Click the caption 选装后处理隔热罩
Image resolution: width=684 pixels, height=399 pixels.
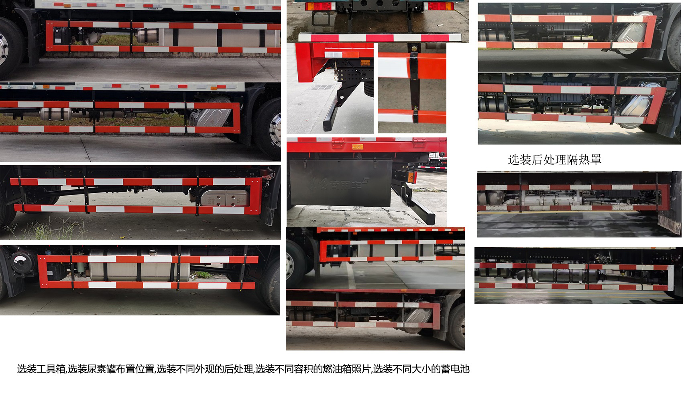pos(554,160)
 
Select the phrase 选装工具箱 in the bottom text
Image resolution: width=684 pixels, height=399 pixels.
pos(41,369)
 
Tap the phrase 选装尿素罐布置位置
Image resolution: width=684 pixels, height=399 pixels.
pos(111,369)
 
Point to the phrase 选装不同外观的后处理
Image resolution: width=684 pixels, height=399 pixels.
pos(205,369)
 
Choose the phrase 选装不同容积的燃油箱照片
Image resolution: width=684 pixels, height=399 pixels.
pos(313,369)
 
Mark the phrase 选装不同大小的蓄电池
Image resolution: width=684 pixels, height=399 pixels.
pos(421,369)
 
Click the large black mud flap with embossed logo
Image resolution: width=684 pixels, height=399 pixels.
pos(340,182)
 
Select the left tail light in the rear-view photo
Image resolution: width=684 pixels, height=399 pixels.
pos(320,6)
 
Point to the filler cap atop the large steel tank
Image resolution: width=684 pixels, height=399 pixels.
pos(153,252)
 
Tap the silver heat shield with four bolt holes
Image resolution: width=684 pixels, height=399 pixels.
pos(224,198)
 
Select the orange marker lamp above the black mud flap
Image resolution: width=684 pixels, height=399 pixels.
pos(357,146)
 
